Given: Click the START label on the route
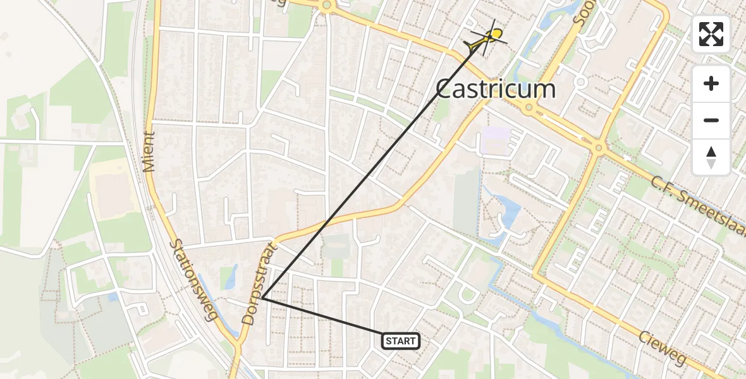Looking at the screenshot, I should [401, 342].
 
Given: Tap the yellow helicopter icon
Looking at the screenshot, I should [487, 38].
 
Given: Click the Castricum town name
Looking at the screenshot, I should [496, 89].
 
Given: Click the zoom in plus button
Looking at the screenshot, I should [711, 83].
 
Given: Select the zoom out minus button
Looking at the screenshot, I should [711, 120].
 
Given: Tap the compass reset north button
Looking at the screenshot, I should [711, 157].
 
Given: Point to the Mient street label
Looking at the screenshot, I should [149, 152].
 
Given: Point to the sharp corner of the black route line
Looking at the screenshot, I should [262, 298].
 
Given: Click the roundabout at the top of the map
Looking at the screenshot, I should [326, 6].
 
